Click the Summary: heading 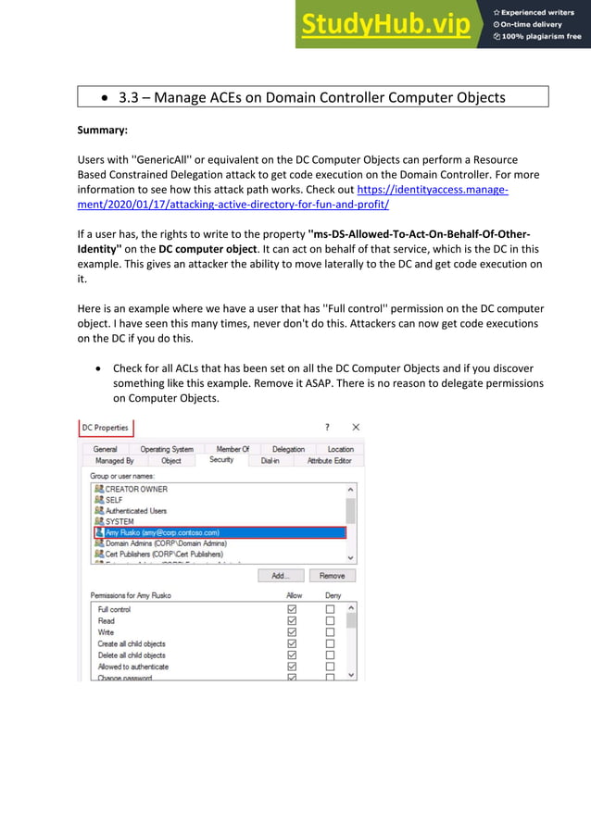click(102, 130)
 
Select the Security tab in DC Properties click(221, 460)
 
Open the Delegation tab click(288, 449)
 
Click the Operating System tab click(167, 449)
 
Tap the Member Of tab click(233, 449)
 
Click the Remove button click(332, 575)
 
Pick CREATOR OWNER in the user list click(136, 489)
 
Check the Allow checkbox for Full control click(292, 609)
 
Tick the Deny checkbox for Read click(330, 621)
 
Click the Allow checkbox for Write click(292, 632)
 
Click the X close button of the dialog click(356, 428)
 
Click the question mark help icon click(325, 428)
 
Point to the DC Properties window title click(105, 428)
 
